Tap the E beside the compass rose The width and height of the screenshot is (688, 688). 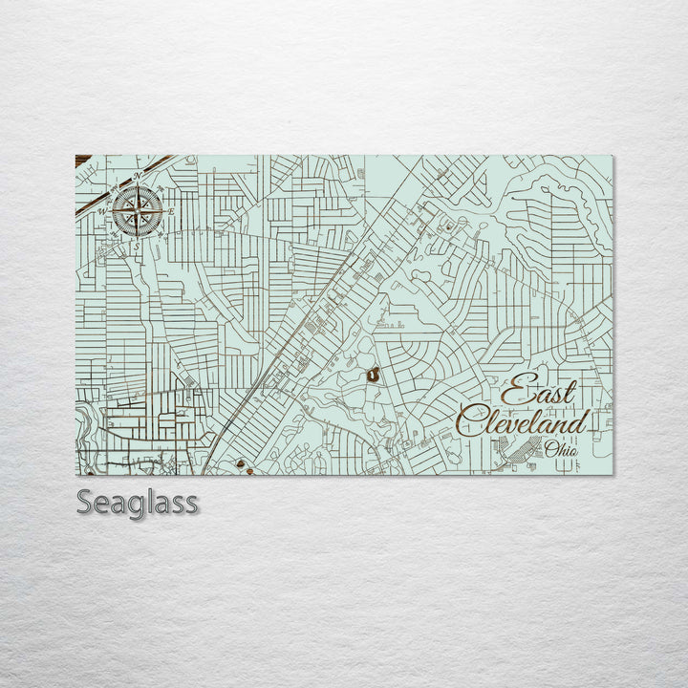click(x=170, y=210)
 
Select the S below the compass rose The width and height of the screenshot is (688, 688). click(x=137, y=247)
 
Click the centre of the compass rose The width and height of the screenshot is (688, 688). click(x=136, y=211)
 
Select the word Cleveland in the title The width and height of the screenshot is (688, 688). click(x=522, y=421)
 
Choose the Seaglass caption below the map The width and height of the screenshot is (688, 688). click(x=138, y=502)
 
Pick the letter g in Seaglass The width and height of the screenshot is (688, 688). click(x=140, y=505)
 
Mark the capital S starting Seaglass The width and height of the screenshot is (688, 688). click(x=86, y=502)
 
